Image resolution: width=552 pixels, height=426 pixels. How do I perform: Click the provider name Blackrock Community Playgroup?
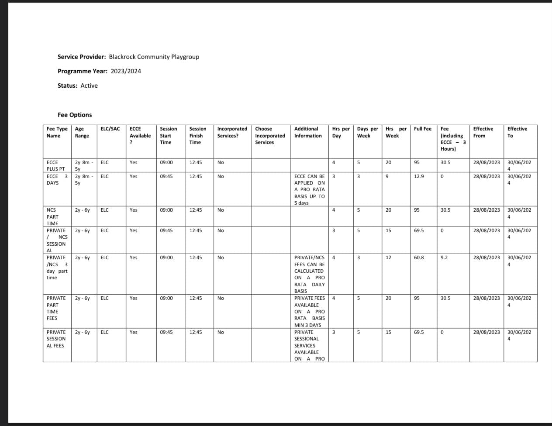click(154, 57)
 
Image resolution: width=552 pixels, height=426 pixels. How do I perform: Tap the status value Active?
click(89, 86)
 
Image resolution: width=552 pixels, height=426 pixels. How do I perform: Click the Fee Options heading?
click(75, 115)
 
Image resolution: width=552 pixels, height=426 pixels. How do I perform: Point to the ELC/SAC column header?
click(110, 129)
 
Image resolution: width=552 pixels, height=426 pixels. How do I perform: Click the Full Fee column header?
click(422, 129)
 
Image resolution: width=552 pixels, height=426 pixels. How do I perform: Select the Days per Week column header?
click(367, 132)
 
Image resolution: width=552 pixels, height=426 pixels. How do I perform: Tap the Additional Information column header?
click(308, 132)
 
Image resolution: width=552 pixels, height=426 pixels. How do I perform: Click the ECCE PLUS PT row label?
click(55, 165)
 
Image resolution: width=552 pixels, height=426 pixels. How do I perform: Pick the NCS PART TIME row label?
click(52, 216)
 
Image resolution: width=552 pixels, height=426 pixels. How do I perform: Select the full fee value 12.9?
click(418, 176)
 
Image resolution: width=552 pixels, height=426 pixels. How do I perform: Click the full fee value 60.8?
click(418, 258)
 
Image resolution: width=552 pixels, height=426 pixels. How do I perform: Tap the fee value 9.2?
click(444, 258)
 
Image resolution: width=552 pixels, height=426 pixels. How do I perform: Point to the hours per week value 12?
click(388, 258)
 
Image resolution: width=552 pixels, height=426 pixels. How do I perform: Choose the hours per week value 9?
click(387, 176)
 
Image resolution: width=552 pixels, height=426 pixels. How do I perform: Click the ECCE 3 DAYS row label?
click(57, 179)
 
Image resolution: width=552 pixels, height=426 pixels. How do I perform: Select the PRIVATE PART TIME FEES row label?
click(56, 308)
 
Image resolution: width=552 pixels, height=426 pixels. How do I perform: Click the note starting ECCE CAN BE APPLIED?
click(309, 189)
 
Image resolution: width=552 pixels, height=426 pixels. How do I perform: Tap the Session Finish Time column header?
click(197, 135)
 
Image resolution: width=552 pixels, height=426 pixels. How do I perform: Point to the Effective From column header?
click(483, 132)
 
